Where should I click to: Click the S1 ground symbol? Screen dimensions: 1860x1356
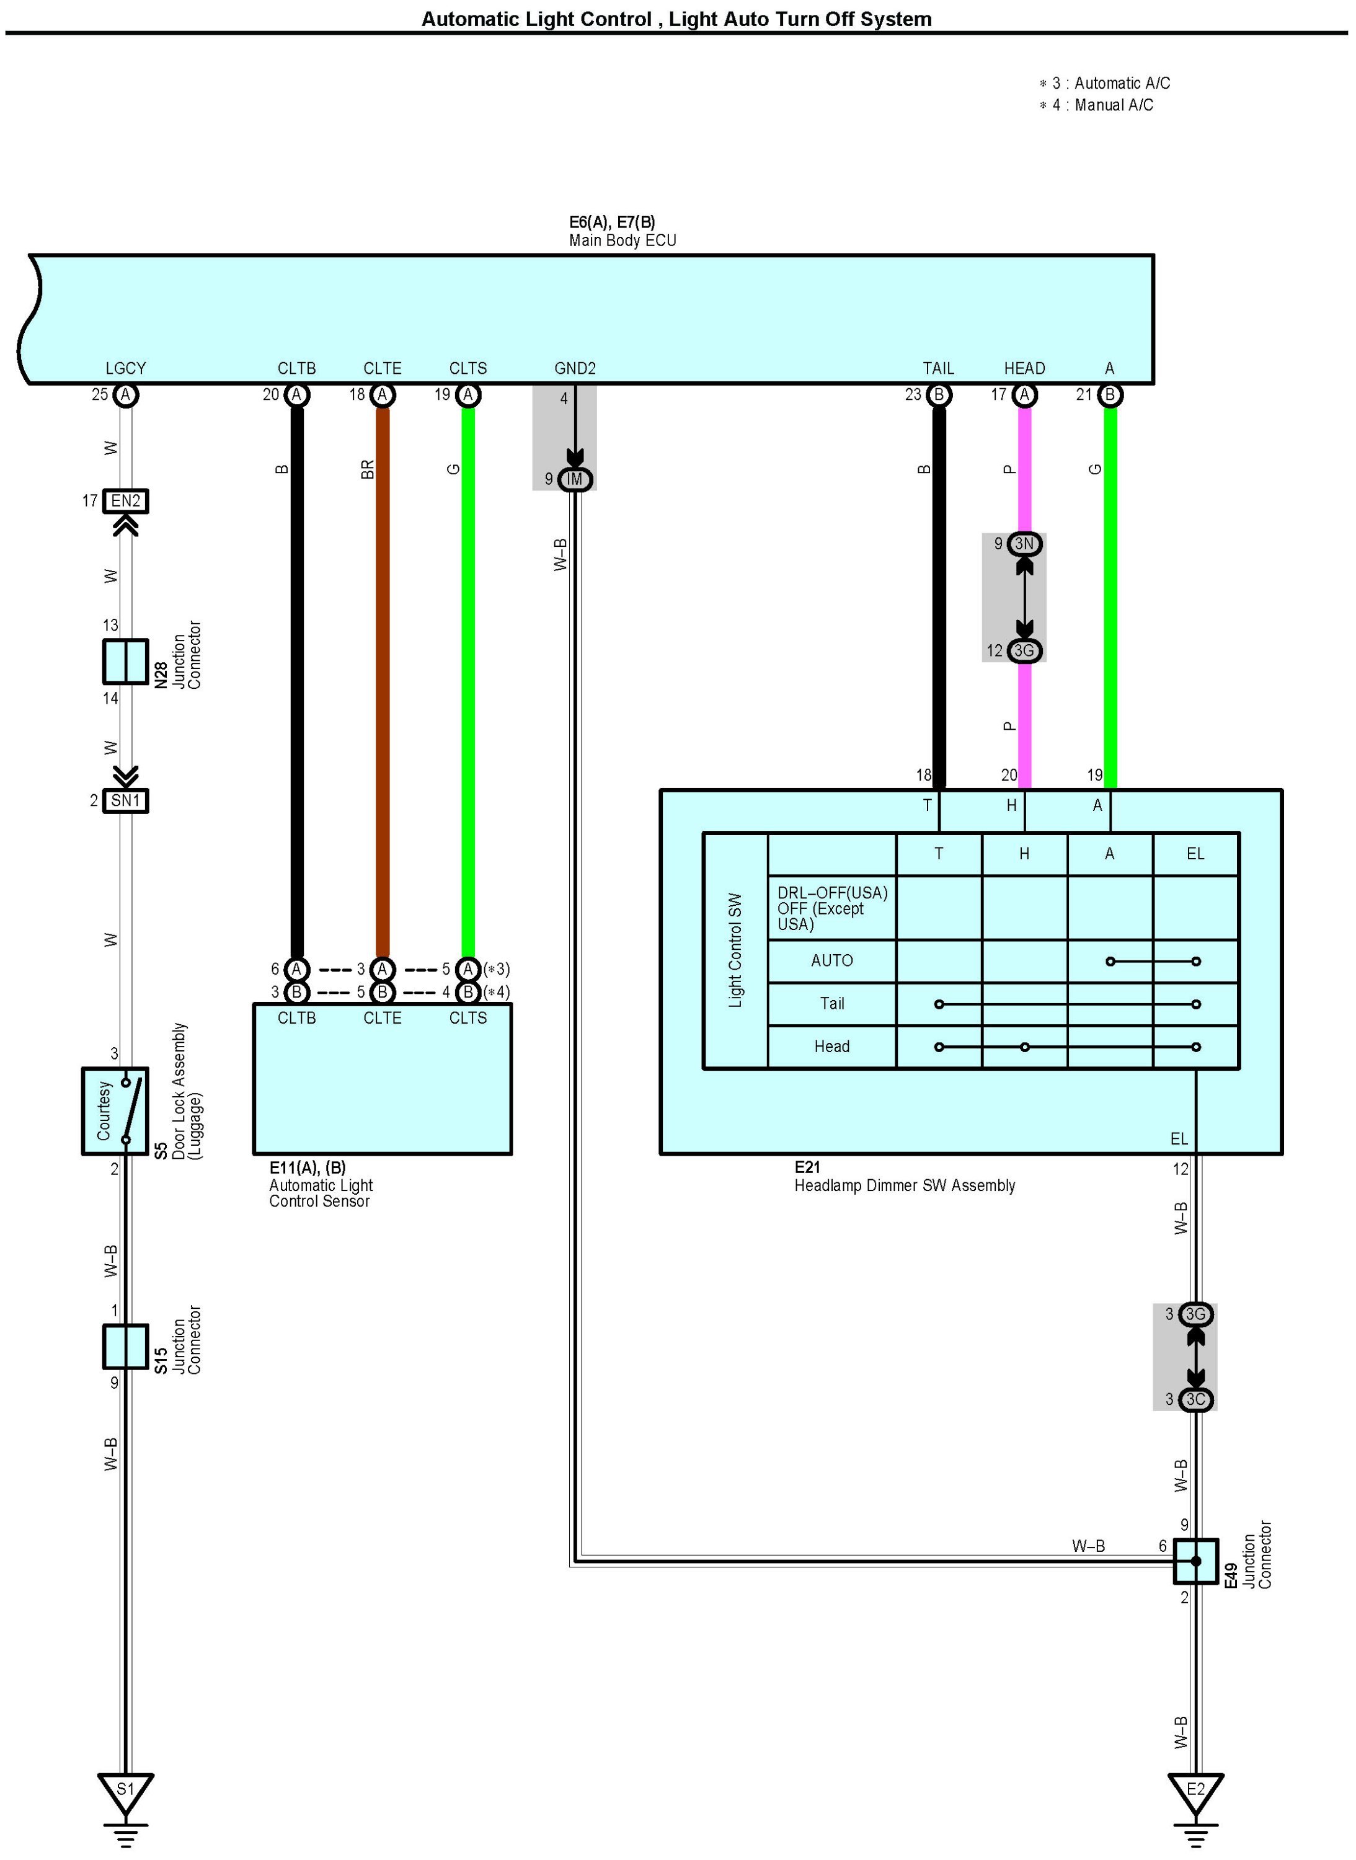coord(126,1789)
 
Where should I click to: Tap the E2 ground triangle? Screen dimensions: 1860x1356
coord(1195,1789)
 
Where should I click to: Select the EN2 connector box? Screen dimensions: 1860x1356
coord(126,501)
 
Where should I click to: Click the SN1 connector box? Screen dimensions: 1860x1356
coord(126,800)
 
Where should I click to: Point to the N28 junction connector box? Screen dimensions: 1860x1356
coord(126,662)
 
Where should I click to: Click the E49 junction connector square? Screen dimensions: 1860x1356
coord(1195,1561)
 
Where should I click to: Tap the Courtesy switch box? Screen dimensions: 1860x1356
coord(115,1110)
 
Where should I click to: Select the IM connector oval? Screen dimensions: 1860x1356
coord(575,479)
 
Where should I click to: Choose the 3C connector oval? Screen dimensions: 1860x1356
coord(1196,1399)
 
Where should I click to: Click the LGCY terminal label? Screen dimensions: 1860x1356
coord(126,368)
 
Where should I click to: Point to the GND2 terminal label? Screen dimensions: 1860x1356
coord(575,368)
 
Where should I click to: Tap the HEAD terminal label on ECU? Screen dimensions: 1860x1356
coord(1024,368)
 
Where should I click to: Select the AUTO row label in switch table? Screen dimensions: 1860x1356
coord(831,960)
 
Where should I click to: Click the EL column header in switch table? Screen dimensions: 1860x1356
coord(1195,854)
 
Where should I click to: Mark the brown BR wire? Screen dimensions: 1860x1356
coord(383,681)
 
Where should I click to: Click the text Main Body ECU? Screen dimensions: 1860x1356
coord(622,241)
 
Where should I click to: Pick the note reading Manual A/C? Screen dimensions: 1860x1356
coord(1113,105)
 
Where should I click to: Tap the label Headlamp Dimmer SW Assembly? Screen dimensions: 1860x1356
coord(905,1186)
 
